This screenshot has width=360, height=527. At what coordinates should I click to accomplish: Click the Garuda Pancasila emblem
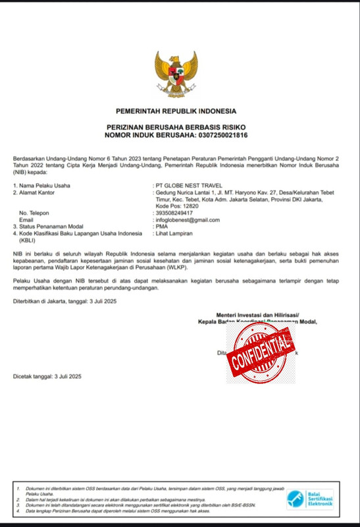coord(176,74)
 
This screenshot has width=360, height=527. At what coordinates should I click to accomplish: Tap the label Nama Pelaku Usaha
coord(44,186)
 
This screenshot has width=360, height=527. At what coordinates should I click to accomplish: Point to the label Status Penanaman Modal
coord(53,226)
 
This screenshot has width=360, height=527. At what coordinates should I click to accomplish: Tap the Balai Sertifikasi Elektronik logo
coord(309,499)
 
